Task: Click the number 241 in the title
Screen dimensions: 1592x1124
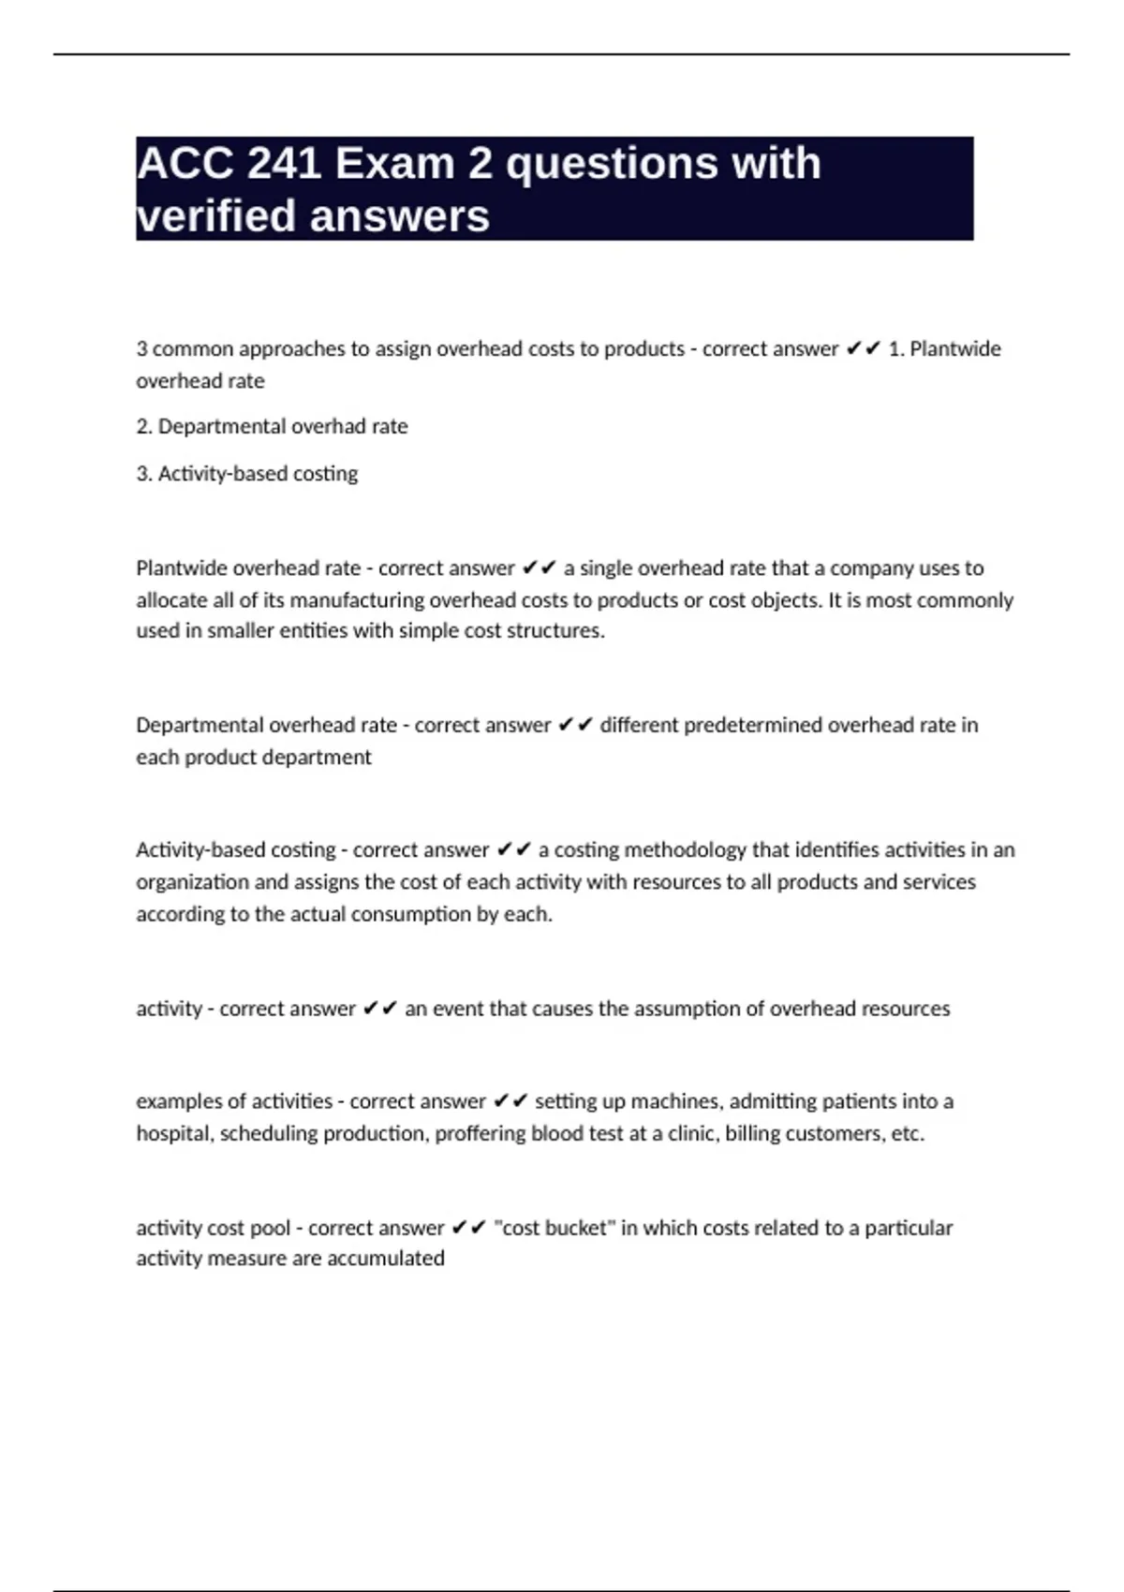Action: click(x=282, y=164)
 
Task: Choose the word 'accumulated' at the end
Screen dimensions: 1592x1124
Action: click(x=386, y=1259)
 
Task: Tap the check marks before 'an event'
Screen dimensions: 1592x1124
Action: click(x=380, y=1009)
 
